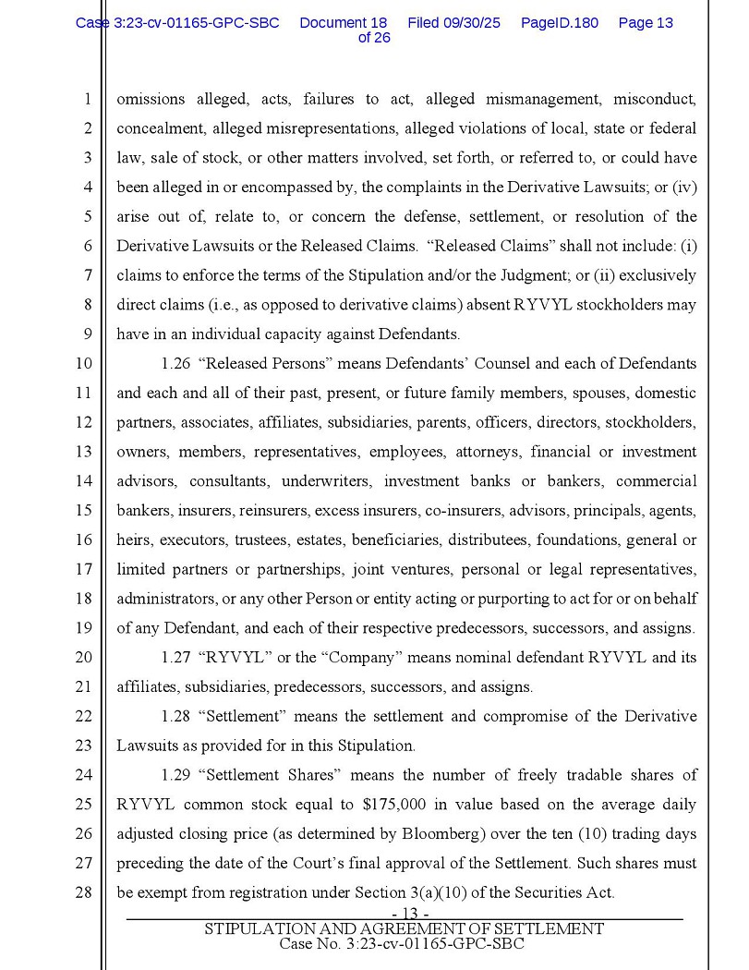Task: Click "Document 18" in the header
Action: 343,22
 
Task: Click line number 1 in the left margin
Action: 86,99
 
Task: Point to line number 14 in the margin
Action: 83,481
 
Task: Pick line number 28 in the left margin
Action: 83,892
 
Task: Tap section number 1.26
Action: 175,364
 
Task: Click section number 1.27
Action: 175,658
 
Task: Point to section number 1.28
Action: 175,717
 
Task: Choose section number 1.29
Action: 175,775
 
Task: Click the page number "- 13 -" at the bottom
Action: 404,915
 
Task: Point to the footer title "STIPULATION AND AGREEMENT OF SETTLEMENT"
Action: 404,928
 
